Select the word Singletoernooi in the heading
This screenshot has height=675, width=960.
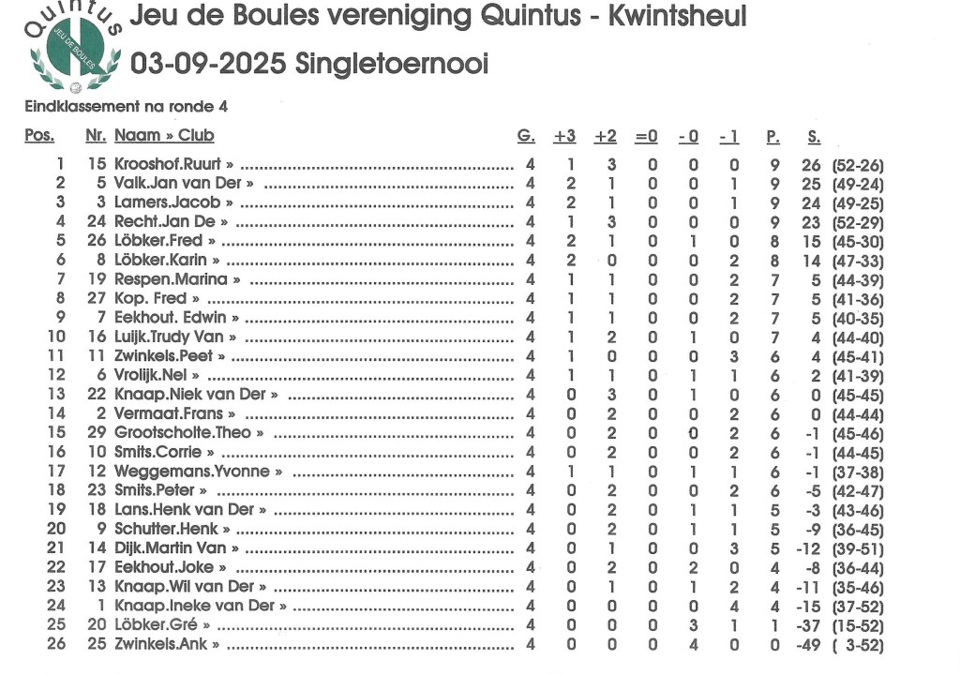[x=392, y=64]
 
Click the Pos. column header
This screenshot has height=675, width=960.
[x=39, y=137]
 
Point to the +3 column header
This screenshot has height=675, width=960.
[x=564, y=137]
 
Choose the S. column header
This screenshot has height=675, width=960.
[x=814, y=137]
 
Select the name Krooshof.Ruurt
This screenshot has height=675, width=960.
[x=168, y=164]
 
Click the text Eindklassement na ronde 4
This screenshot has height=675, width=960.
[x=126, y=107]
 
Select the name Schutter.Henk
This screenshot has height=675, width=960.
[x=167, y=529]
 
